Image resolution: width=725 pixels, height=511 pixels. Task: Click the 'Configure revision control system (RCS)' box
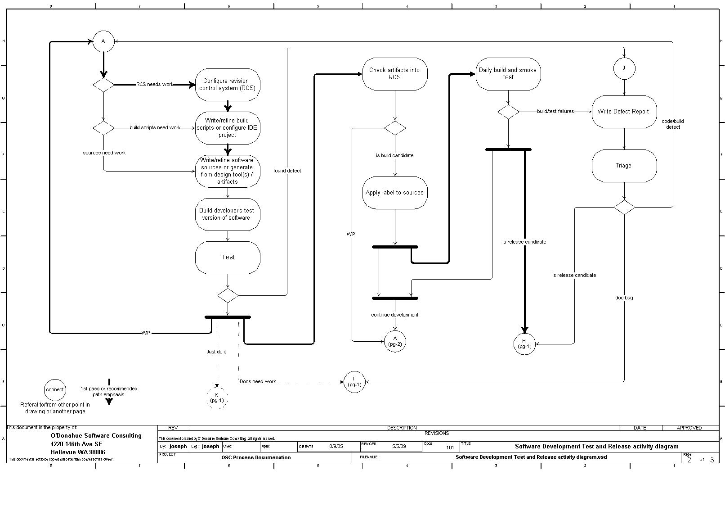click(x=228, y=85)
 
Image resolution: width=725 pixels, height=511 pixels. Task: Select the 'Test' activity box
click(x=228, y=258)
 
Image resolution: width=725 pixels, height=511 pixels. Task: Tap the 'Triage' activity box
click(x=624, y=166)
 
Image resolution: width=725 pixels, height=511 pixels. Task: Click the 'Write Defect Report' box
click(x=623, y=112)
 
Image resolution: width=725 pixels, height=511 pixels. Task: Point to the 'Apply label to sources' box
click(x=394, y=193)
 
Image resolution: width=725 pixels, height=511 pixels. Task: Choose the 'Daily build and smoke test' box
click(x=508, y=73)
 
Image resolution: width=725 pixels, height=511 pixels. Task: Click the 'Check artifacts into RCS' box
click(x=394, y=73)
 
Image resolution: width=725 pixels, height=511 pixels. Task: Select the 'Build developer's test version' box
click(x=228, y=214)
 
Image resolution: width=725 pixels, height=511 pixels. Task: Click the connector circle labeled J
click(x=624, y=69)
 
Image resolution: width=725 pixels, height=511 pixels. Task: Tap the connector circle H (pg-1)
click(x=524, y=344)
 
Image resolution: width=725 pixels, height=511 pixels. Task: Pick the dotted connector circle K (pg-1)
click(x=217, y=398)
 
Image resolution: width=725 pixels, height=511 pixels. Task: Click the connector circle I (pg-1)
click(x=354, y=382)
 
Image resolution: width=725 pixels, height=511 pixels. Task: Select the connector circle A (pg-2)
click(x=395, y=341)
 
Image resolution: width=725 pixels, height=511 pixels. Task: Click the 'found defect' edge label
click(x=287, y=171)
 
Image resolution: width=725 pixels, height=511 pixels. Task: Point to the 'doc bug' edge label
click(x=624, y=298)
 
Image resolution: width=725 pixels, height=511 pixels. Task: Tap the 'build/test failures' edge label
click(x=555, y=111)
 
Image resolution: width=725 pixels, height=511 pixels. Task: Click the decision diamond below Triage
click(x=624, y=207)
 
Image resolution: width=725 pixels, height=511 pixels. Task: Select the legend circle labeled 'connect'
click(x=55, y=390)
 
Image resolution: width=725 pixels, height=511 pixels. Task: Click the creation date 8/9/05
click(x=336, y=446)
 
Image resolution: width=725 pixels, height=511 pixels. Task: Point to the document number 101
click(x=450, y=448)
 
